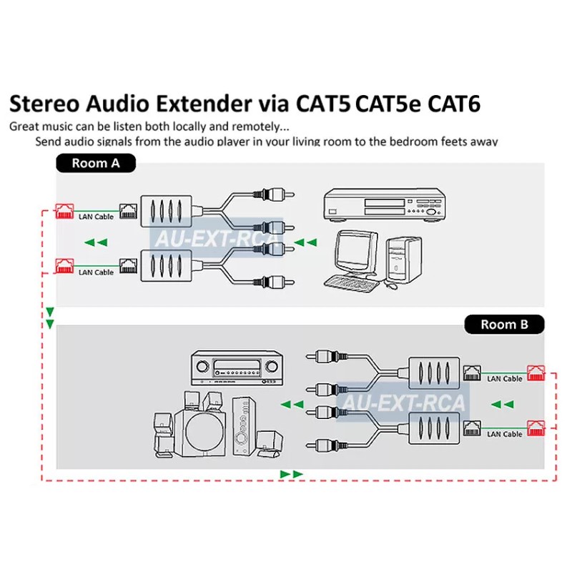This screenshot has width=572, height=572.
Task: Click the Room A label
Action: (x=95, y=163)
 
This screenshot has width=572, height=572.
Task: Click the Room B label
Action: (x=504, y=324)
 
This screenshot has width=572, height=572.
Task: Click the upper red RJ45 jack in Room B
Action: (x=536, y=373)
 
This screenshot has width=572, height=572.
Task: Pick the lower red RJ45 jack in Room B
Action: (x=536, y=428)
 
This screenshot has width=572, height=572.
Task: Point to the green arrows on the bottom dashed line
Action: (x=292, y=474)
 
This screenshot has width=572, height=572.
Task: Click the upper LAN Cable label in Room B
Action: (x=504, y=379)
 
